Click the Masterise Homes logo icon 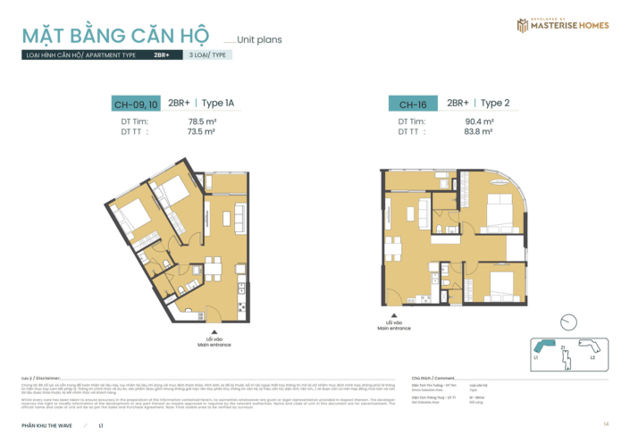[x=523, y=25]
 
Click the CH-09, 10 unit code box [x=135, y=104]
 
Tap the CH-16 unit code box [x=413, y=104]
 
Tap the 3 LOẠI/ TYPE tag [x=208, y=55]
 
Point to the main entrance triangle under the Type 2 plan [x=393, y=314]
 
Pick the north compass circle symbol [x=567, y=322]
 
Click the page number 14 [x=606, y=423]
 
